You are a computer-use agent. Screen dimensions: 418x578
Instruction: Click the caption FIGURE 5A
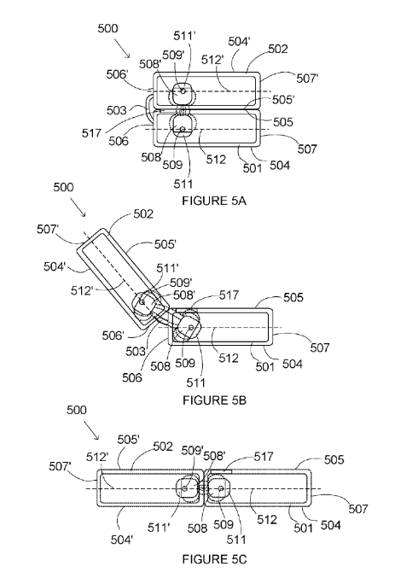click(x=214, y=201)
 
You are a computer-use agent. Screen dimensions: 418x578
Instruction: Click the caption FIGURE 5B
click(x=214, y=400)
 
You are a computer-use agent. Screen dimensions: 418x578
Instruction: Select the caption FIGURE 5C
click(x=214, y=559)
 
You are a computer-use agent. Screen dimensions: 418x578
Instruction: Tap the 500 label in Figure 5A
click(x=107, y=28)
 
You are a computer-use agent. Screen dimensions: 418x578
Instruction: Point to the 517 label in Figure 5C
click(x=264, y=457)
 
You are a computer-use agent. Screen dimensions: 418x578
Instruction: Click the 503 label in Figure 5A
click(x=117, y=110)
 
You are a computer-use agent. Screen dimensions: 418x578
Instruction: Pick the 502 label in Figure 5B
click(x=143, y=213)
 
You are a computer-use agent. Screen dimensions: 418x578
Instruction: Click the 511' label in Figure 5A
click(x=184, y=35)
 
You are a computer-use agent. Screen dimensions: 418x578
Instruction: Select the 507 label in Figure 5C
click(x=358, y=509)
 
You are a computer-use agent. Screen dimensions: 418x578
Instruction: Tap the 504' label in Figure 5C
click(x=122, y=540)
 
